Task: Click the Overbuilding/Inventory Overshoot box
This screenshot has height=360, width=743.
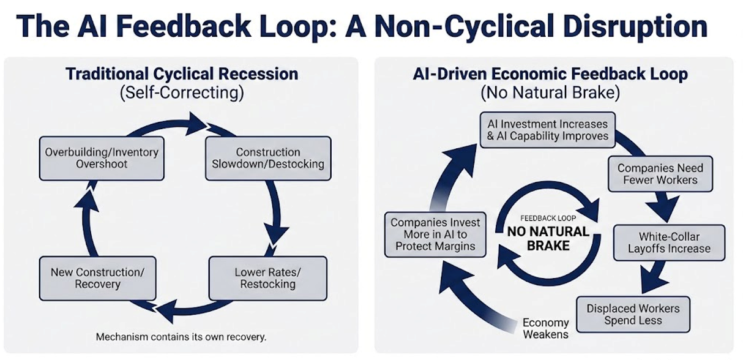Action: coord(102,158)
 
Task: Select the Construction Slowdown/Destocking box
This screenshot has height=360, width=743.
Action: coord(268,158)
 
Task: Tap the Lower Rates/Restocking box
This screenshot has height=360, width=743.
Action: coord(268,278)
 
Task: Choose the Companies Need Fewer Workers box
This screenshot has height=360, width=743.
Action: coord(660,174)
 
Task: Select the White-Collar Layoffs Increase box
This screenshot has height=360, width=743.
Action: coord(669,242)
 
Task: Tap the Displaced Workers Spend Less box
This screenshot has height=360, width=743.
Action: coord(633,315)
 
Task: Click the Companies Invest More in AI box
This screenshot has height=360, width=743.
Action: coord(436,234)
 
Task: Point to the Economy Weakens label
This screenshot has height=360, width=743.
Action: coord(546,328)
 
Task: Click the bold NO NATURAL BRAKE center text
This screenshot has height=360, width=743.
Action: coord(548,239)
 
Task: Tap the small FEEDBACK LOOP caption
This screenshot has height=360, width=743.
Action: coord(548,218)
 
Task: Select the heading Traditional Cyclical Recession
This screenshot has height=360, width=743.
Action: coord(182,75)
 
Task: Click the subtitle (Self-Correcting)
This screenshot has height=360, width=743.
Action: coord(182,93)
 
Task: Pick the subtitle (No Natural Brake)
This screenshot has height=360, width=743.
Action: coord(550,93)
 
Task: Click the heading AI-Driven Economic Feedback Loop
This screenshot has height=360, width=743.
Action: coord(550,75)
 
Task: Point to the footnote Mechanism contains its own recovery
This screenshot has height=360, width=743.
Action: coord(182,337)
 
